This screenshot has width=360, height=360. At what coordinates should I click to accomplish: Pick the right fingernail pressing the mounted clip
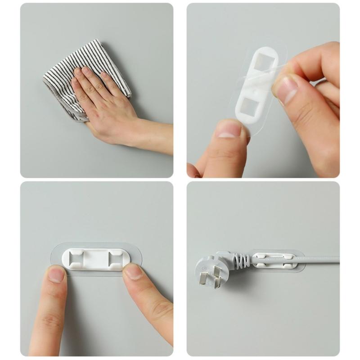(133, 271)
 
